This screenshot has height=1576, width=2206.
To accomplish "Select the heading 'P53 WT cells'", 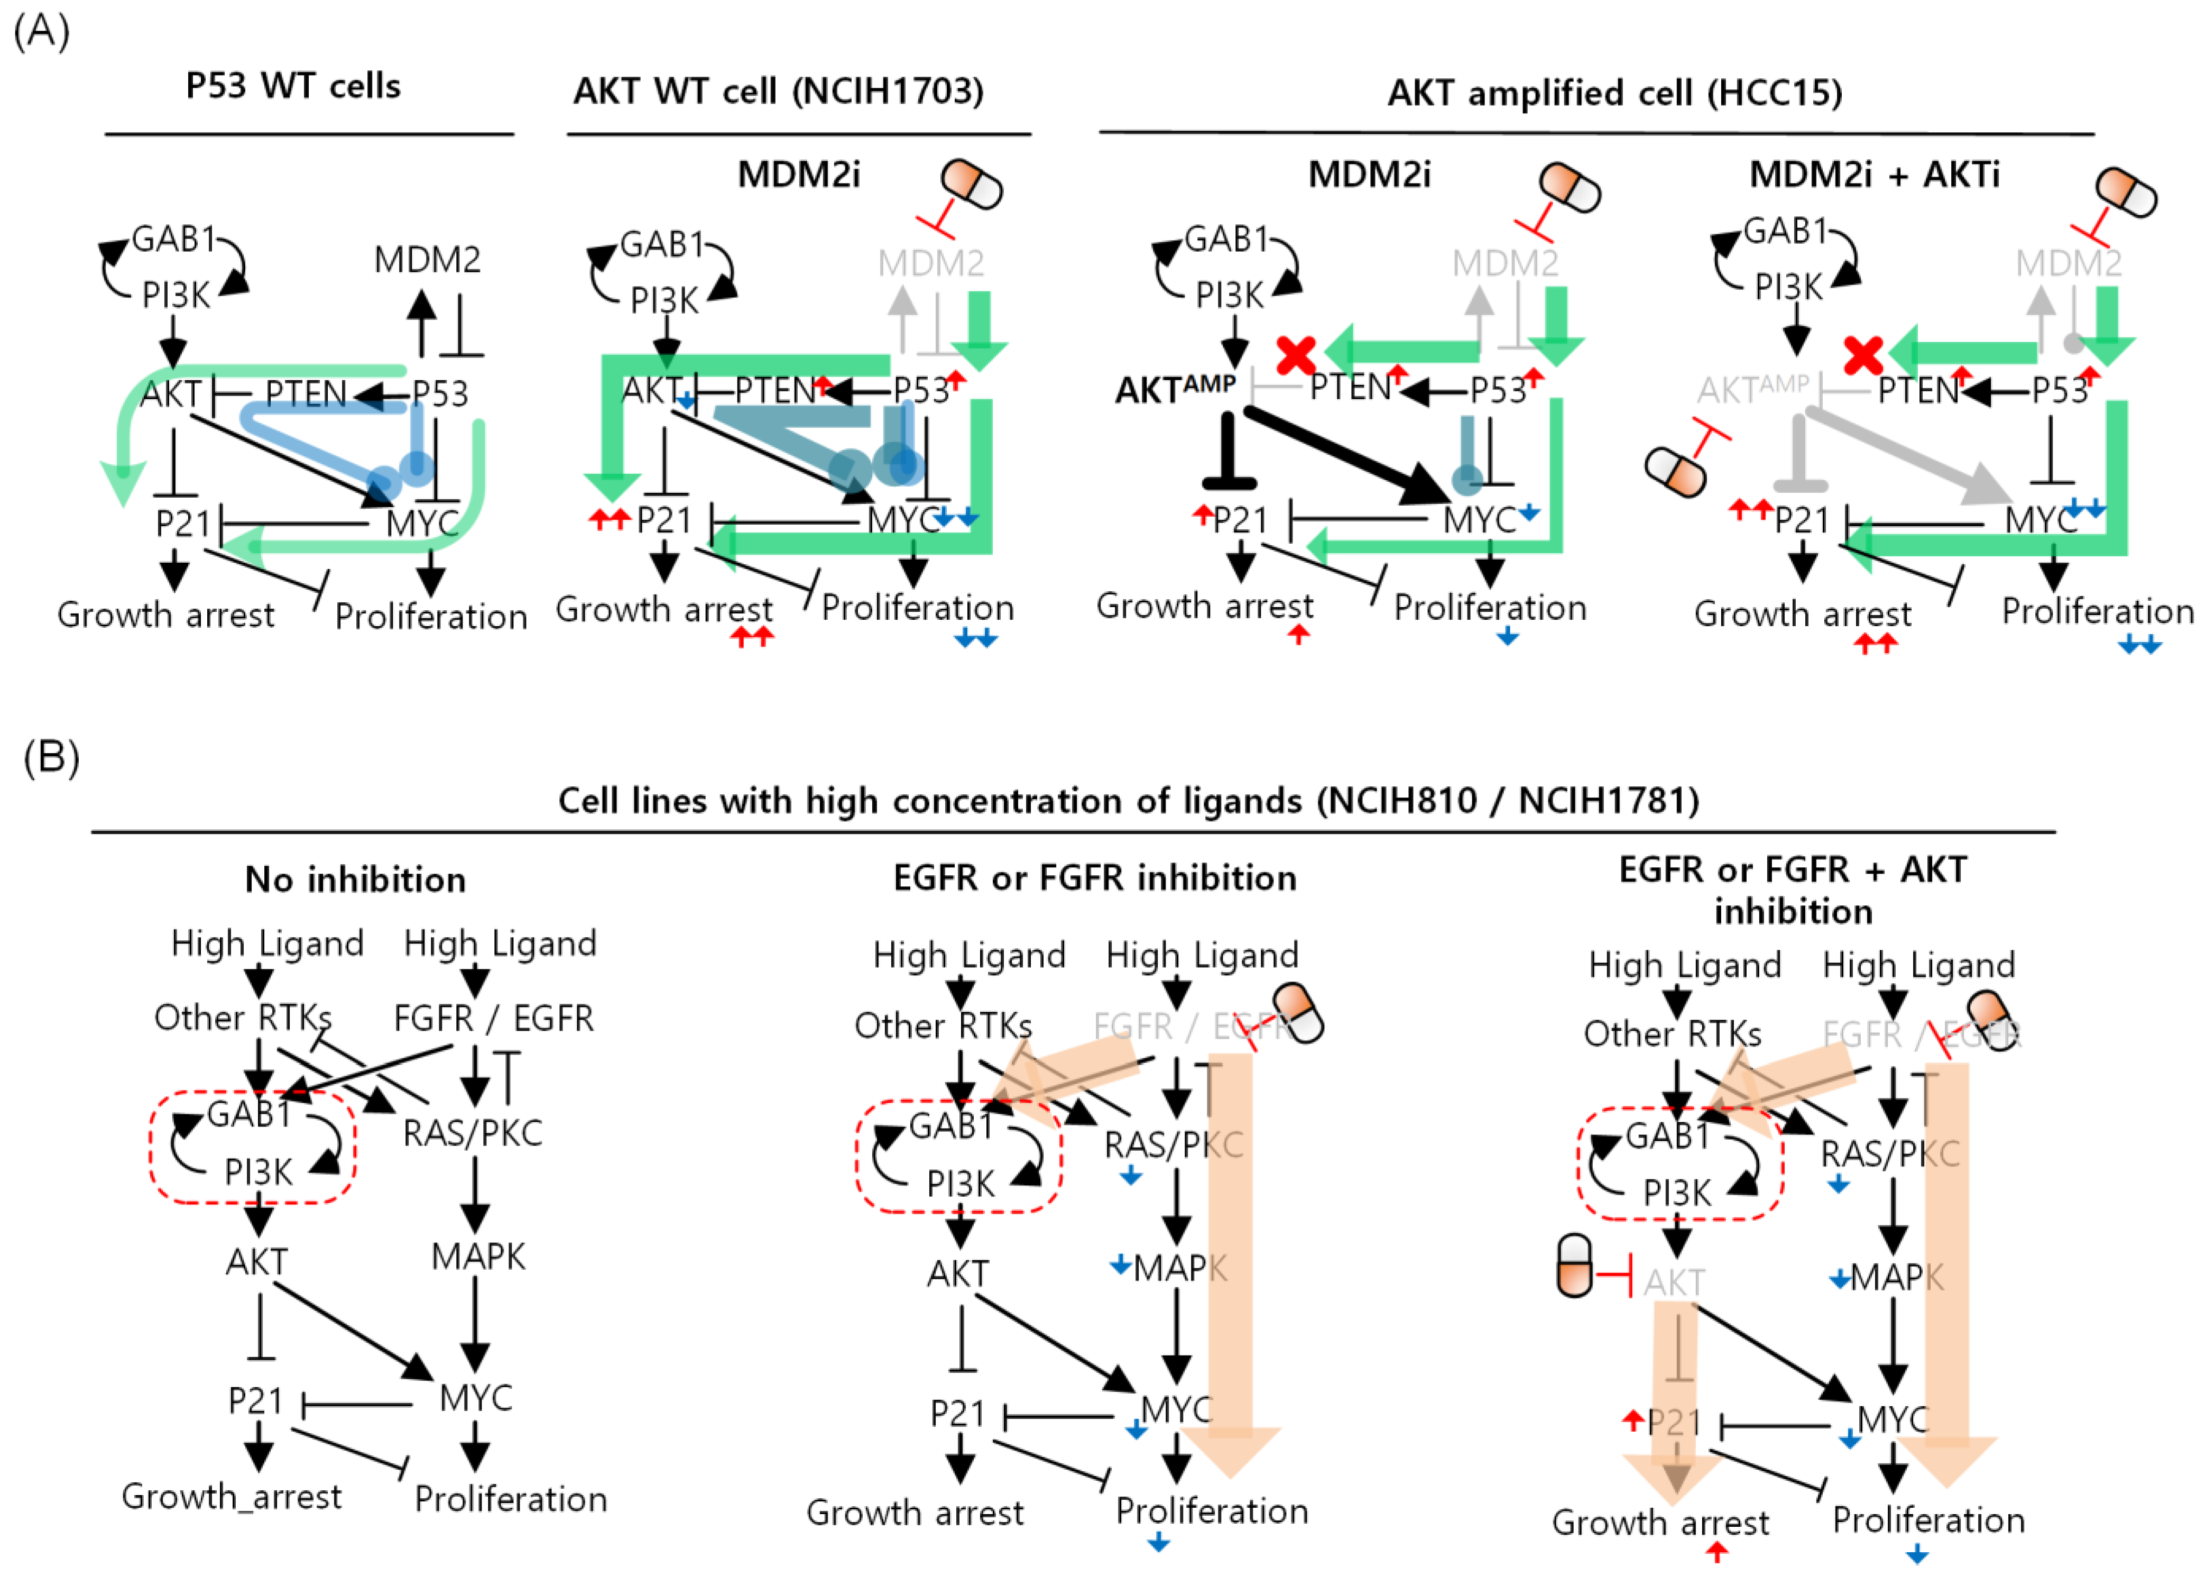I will coord(293,86).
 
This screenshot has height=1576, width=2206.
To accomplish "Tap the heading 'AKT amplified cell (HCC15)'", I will coord(1614,93).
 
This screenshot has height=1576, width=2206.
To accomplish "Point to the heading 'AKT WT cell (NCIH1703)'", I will coord(778,91).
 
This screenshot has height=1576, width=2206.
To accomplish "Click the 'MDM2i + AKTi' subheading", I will coord(1874,175).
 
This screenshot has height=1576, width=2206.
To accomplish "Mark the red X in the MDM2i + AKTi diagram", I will coord(1862,356).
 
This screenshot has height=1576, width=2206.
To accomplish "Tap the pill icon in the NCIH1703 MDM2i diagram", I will coord(971,185).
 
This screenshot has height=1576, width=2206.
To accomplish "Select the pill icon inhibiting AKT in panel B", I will coord(1574,1266).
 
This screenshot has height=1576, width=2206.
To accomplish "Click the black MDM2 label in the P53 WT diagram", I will coord(427,260).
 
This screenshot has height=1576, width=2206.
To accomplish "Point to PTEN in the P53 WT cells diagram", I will coord(306,393).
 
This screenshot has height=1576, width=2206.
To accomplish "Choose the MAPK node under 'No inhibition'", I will coord(477,1257).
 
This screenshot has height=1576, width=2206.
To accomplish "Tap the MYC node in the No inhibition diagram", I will coord(475,1398).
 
